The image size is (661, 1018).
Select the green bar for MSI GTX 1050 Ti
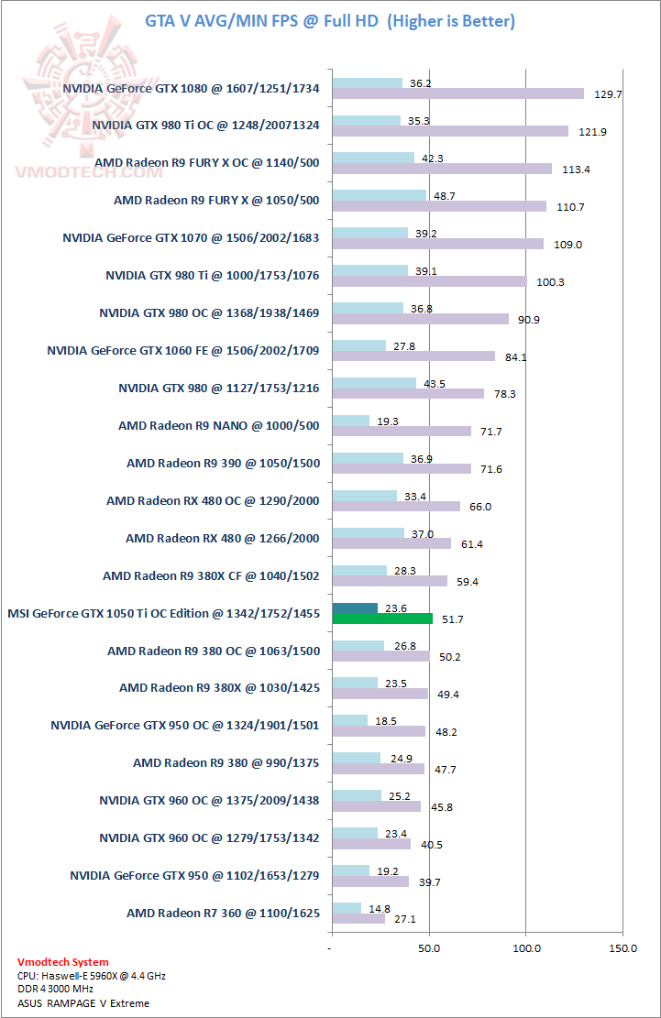(x=382, y=618)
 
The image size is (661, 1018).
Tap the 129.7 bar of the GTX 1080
(x=458, y=93)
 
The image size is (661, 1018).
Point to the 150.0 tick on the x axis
(x=622, y=947)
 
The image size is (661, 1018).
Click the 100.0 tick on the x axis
(x=525, y=947)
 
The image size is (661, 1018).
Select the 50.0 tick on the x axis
(x=429, y=947)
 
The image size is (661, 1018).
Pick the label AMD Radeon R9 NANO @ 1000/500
(x=219, y=425)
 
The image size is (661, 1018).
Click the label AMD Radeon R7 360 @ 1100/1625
(x=223, y=913)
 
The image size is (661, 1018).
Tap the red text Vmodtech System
(x=62, y=962)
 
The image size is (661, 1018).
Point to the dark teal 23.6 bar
(x=355, y=608)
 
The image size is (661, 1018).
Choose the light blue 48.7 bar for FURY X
(x=380, y=195)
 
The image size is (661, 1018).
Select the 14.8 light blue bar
(x=347, y=908)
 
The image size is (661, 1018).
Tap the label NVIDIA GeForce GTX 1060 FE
(x=183, y=349)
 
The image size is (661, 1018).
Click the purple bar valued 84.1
(x=413, y=356)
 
